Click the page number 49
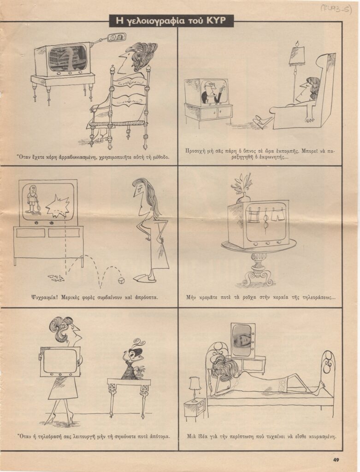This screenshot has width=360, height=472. pos(336,460)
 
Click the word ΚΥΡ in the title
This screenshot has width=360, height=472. pos(216,20)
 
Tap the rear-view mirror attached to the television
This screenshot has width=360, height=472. pos(114,38)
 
